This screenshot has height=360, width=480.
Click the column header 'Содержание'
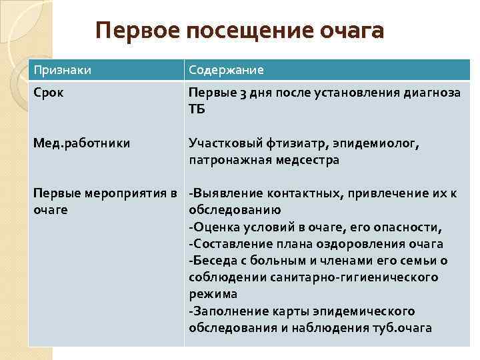point(226,70)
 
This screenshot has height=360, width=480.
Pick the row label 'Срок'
point(49,93)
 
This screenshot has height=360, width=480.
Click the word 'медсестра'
point(307,160)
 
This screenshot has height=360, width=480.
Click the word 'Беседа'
point(213,261)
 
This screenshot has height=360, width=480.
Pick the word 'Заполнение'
point(226,311)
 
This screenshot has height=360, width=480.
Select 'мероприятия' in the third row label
point(127,193)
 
